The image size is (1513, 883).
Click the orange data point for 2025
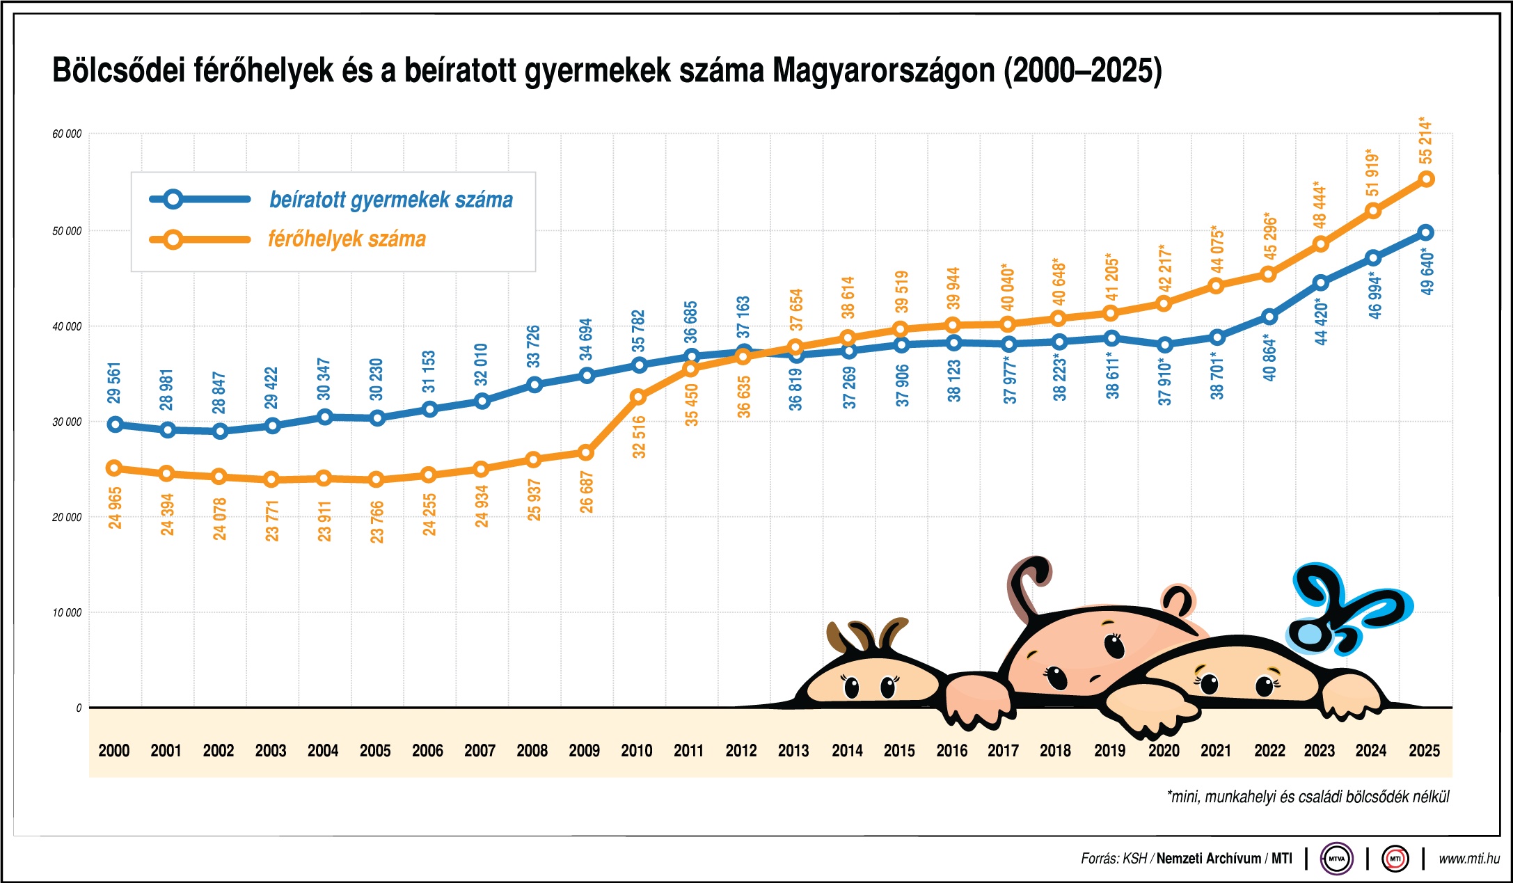click(1426, 180)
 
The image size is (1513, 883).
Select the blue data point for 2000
click(116, 424)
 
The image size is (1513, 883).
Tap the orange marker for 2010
click(638, 397)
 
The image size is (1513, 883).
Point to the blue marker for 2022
click(1269, 317)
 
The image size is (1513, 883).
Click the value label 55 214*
click(1425, 141)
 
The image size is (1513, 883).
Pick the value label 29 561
click(115, 383)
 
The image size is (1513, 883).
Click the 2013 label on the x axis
click(793, 751)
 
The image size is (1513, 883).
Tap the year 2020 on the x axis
click(1164, 751)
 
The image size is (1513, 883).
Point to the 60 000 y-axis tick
click(67, 134)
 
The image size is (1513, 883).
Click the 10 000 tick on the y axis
click(67, 612)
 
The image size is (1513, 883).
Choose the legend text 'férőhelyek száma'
click(347, 239)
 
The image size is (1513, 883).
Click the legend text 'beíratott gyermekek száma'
click(391, 200)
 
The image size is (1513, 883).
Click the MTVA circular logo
click(1337, 859)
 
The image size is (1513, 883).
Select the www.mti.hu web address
click(1469, 859)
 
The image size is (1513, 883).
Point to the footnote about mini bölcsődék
click(1308, 797)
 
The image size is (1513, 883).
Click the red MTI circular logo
click(1395, 859)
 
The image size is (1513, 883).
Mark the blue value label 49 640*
click(1427, 273)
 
